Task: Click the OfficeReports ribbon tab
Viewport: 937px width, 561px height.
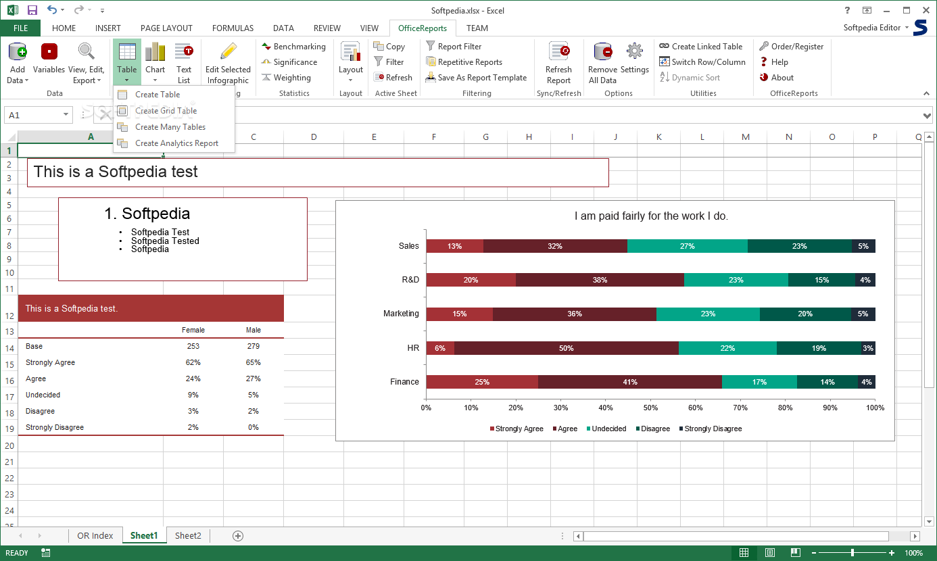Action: [423, 28]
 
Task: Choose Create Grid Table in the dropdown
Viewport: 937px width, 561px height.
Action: [166, 111]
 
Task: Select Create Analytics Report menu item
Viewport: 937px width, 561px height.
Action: [176, 143]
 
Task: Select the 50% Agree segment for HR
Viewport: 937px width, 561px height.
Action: [566, 348]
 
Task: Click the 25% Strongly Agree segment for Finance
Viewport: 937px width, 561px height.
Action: [482, 382]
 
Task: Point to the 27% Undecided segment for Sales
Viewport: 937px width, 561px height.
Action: [687, 246]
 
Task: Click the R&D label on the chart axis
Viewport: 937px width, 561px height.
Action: [410, 280]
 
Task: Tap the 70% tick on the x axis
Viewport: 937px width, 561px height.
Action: [741, 408]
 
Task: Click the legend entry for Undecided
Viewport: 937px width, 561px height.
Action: [608, 429]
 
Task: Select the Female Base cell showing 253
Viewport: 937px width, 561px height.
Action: [193, 346]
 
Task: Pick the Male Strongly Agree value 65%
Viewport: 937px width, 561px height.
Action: [254, 362]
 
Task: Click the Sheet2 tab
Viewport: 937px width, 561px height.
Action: [188, 535]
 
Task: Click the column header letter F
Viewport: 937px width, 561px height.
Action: [434, 137]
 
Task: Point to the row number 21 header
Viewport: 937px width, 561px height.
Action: [9, 462]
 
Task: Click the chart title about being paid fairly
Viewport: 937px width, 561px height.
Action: [651, 216]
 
